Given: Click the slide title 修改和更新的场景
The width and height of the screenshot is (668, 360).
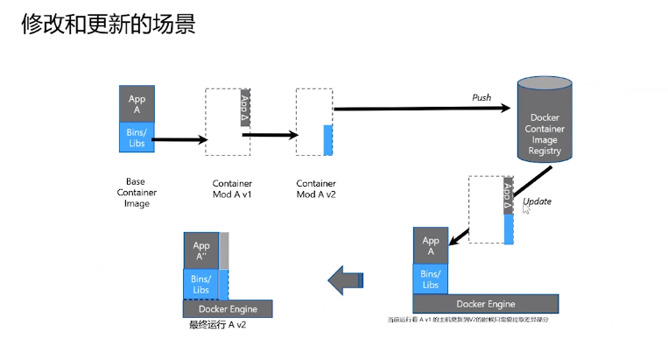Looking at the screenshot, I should pos(107,23).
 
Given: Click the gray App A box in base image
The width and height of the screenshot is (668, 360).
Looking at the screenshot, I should pos(137,103).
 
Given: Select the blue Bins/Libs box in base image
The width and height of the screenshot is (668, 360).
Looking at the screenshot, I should pos(137,138).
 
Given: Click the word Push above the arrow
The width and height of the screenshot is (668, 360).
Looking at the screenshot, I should pos(482,96).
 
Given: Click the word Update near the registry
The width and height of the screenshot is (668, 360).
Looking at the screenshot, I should pos(537,201).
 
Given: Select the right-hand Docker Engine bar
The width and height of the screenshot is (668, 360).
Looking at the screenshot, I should pos(484,304).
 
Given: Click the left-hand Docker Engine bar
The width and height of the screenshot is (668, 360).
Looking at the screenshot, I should pos(228,309).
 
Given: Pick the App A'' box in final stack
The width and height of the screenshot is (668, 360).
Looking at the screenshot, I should pos(200,251).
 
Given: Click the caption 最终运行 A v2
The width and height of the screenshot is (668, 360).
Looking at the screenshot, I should pos(217,325).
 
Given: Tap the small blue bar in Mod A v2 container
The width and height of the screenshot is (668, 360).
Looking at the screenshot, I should pos(328,140).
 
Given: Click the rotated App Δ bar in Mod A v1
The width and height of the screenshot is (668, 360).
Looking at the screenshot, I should pos(245,107).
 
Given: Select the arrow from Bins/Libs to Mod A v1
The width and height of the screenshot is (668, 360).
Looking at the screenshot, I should pos(179,138).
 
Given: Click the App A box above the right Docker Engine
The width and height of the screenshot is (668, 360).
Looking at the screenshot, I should pos(430,246).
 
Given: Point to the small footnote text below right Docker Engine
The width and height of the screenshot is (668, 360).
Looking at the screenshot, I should pos(468,320).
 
